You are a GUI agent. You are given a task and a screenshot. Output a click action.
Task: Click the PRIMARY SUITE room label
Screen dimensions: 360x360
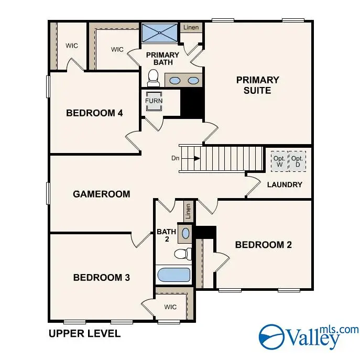(x=257, y=85)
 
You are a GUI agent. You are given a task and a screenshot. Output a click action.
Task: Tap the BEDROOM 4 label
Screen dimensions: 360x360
(x=94, y=113)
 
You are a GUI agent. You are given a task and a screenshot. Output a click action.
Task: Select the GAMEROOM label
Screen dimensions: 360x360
(x=101, y=194)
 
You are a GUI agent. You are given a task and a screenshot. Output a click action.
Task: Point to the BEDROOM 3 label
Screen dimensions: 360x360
(x=101, y=277)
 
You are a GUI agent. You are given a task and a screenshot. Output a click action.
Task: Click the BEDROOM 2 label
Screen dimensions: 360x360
(x=263, y=244)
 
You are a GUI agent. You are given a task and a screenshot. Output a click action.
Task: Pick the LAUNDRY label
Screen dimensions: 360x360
(x=285, y=184)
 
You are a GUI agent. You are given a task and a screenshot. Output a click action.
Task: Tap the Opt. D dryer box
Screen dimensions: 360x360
(x=297, y=161)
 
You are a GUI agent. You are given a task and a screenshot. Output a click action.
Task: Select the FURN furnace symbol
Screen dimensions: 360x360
(x=154, y=101)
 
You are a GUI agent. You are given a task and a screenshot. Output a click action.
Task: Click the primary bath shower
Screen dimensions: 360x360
(x=159, y=32)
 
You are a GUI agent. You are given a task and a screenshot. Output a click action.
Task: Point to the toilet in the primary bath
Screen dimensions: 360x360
(x=154, y=79)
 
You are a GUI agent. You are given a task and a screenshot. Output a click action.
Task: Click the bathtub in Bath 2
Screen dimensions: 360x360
(x=173, y=275)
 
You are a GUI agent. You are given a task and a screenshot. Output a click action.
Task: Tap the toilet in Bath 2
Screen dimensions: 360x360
(x=181, y=254)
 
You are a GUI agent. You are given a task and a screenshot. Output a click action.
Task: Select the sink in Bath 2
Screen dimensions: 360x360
(x=186, y=232)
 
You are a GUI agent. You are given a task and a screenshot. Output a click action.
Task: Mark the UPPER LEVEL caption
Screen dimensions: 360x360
(x=84, y=333)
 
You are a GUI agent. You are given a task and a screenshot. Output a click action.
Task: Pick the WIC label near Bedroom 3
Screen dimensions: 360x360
(x=170, y=307)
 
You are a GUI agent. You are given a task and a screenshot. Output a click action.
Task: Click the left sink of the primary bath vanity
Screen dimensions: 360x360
(x=176, y=81)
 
